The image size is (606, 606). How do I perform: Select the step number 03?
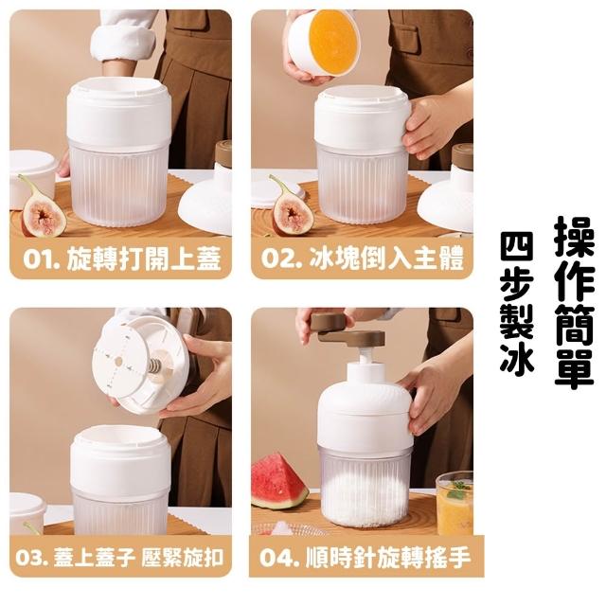coord(32,558)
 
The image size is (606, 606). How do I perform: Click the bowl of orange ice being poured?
coord(324,43)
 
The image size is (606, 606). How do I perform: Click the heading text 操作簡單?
coord(574,302)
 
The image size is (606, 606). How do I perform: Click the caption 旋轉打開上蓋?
coord(144,258)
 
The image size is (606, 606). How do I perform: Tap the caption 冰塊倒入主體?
coord(386,258)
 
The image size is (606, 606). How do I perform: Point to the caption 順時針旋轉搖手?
coord(388,558)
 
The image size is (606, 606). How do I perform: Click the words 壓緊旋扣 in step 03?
coord(183,558)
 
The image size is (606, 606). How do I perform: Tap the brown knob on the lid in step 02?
coord(463,156)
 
